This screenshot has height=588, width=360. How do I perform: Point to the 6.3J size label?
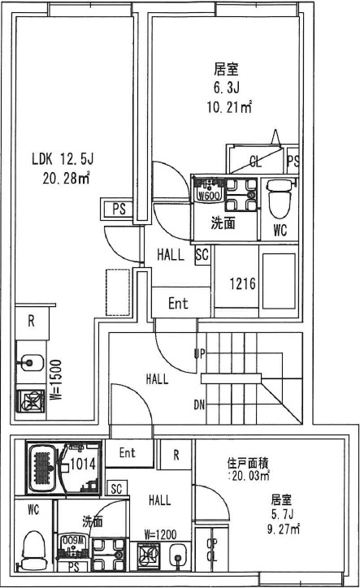(225, 88)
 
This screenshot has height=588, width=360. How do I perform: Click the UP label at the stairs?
(197, 353)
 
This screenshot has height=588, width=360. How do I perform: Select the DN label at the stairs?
(197, 403)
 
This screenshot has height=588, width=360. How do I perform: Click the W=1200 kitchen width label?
(160, 534)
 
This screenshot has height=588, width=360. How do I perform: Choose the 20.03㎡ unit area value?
(250, 476)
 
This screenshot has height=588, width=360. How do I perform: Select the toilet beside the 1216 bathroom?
(276, 195)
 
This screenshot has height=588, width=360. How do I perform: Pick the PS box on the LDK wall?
(119, 208)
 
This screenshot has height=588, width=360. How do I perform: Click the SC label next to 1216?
(202, 254)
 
